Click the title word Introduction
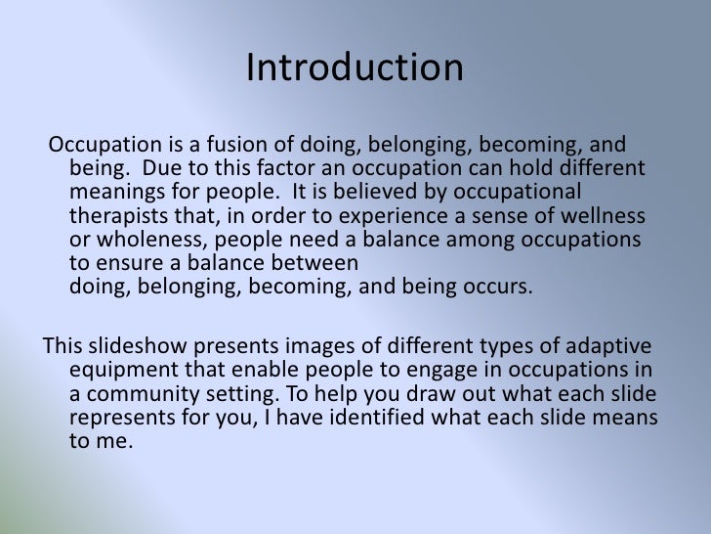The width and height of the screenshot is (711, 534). pyautogui.click(x=355, y=68)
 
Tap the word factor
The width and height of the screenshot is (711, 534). pyautogui.click(x=243, y=168)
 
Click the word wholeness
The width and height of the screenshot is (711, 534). pyautogui.click(x=146, y=240)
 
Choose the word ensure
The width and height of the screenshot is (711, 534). pyautogui.click(x=122, y=263)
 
